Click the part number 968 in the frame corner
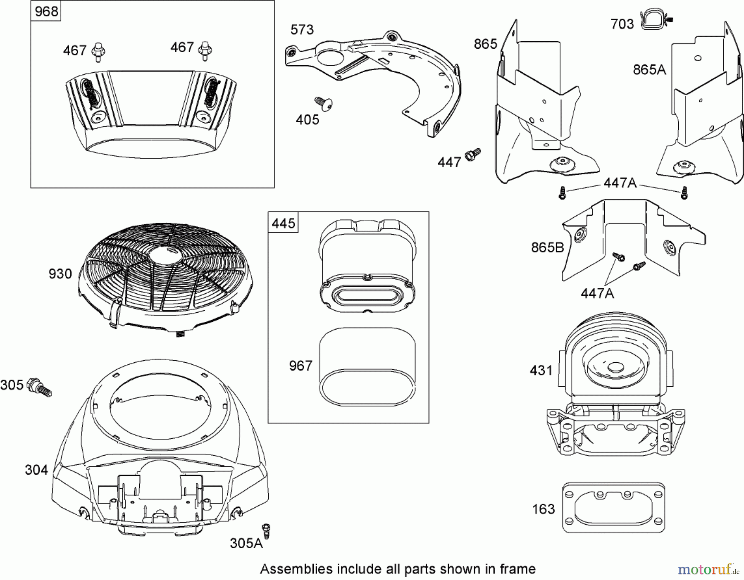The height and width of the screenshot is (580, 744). click(46, 11)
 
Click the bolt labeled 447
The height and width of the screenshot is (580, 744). click(472, 155)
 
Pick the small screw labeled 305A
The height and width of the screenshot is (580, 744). click(266, 530)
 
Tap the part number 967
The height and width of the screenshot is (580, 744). click(300, 366)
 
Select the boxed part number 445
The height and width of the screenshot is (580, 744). click(284, 223)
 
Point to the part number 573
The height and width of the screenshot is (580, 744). click(302, 30)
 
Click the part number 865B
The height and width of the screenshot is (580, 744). click(547, 247)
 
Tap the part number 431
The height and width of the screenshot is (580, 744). click(541, 370)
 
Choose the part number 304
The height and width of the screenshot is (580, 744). click(36, 470)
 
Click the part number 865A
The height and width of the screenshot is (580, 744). click(649, 69)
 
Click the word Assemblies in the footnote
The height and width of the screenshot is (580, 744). click(296, 569)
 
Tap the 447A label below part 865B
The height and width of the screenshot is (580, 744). click(597, 293)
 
